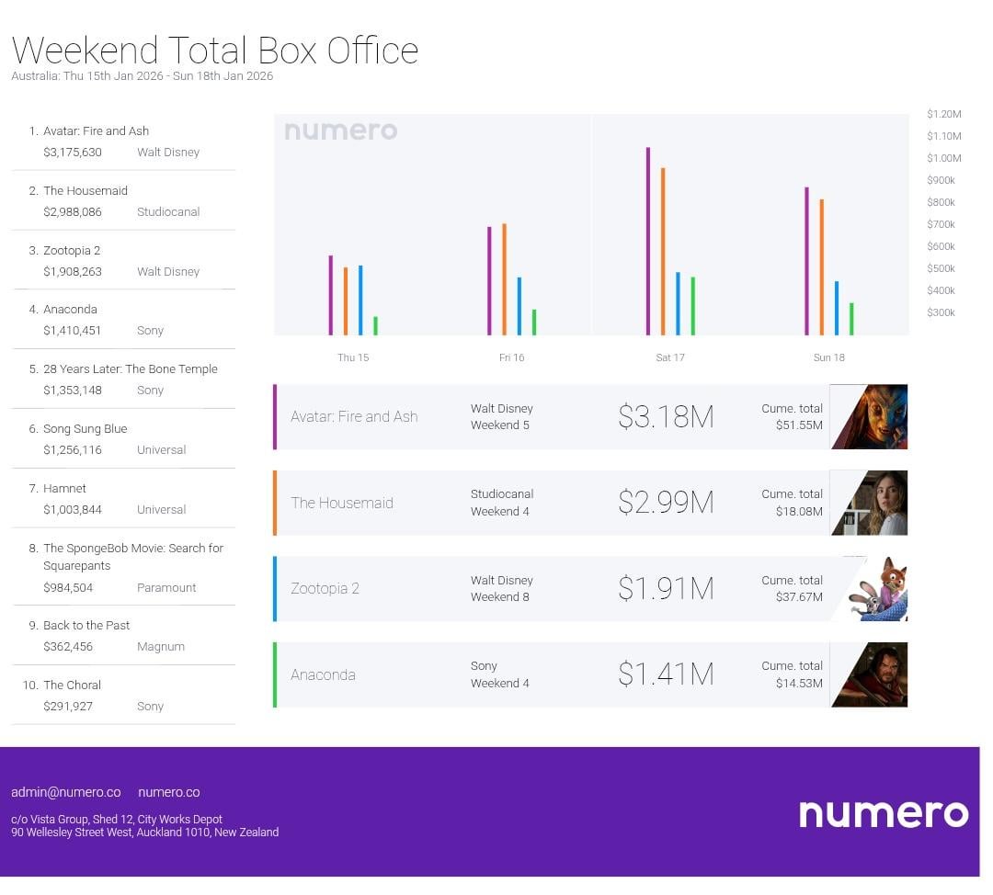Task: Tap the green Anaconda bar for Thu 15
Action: point(375,325)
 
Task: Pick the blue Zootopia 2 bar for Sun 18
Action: point(837,308)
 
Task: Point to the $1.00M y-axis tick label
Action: point(943,158)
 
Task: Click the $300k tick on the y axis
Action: point(941,312)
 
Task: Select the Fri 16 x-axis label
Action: point(511,357)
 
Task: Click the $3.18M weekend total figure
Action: point(666,417)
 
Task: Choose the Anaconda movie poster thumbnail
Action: point(870,674)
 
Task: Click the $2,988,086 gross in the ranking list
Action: point(73,212)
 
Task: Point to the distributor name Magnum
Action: point(161,647)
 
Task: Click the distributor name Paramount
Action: point(166,588)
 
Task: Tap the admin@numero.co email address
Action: point(66,792)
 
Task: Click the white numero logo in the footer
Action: point(883,813)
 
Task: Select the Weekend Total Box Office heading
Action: point(215,50)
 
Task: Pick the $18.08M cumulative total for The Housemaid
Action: point(799,511)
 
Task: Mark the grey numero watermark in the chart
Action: point(341,131)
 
